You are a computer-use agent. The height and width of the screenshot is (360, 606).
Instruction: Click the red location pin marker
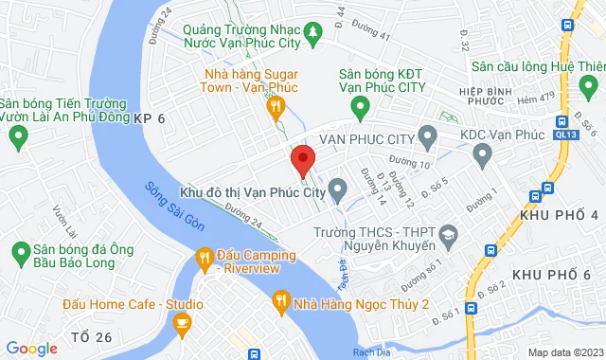coord(303,159)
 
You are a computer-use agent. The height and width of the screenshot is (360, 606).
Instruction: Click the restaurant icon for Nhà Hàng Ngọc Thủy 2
coord(280,303)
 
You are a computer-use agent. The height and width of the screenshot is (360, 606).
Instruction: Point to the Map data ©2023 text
coord(564,352)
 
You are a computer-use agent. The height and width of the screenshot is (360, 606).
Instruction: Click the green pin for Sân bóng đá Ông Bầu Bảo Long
coord(18,252)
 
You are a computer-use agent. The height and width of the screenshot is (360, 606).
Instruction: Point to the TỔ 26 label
coord(92,337)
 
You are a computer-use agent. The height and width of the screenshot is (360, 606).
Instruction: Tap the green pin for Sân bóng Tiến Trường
coord(16,137)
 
